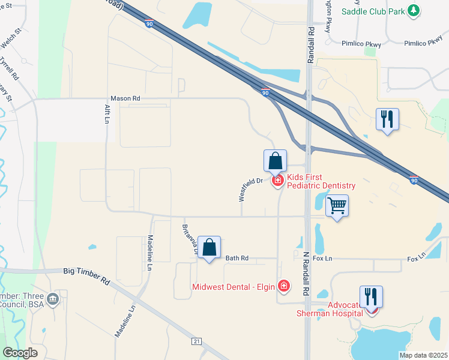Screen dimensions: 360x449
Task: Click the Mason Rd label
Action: [125, 98]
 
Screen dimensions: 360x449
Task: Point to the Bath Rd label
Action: [237, 258]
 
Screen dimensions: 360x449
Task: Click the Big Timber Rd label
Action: [87, 276]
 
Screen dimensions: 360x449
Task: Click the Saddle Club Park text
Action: [372, 11]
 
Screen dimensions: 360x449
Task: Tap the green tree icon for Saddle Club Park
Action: [413, 10]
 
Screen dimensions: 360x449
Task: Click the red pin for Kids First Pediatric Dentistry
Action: [277, 180]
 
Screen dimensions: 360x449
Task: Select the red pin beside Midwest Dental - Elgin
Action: [283, 287]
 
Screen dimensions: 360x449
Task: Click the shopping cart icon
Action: [337, 206]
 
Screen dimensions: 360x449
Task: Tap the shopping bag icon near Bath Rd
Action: [209, 247]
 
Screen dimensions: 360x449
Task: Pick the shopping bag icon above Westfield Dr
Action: [275, 161]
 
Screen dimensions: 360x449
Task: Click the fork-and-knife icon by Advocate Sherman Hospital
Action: [371, 296]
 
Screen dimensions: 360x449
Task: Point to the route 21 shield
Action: [196, 341]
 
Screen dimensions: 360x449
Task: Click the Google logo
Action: [20, 353]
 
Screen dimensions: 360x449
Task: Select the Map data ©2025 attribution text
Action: [423, 355]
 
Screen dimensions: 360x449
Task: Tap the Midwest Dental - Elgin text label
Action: [234, 287]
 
